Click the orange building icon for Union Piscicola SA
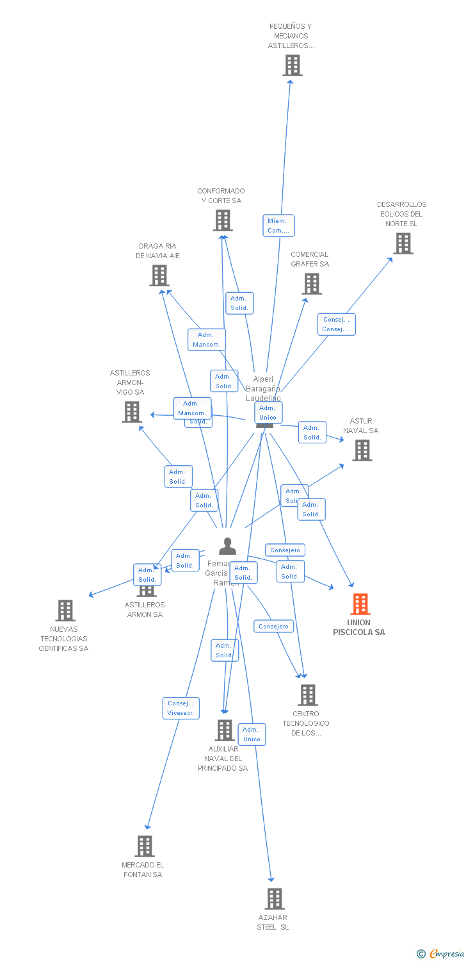tap(360, 604)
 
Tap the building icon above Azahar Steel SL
tap(275, 899)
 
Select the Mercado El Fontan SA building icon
tap(145, 846)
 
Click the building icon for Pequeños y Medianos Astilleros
tap(293, 65)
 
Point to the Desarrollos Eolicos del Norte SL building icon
tap(403, 243)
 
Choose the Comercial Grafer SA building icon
tap(312, 284)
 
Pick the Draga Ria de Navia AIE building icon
tap(159, 275)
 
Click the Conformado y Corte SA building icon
tap(222, 220)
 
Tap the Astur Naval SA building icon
tap(362, 450)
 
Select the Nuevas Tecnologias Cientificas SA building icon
tap(65, 611)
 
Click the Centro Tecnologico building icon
tap(308, 695)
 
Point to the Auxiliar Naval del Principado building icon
tap(225, 730)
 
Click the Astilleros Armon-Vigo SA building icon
tap(132, 412)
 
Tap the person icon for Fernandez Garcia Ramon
tap(227, 546)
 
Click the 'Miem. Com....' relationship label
tap(278, 226)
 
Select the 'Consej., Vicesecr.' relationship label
tap(181, 708)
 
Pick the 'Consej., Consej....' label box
tap(336, 324)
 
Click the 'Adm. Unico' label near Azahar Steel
tap(252, 734)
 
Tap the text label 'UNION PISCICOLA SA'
tap(359, 627)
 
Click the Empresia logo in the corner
tap(442, 954)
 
